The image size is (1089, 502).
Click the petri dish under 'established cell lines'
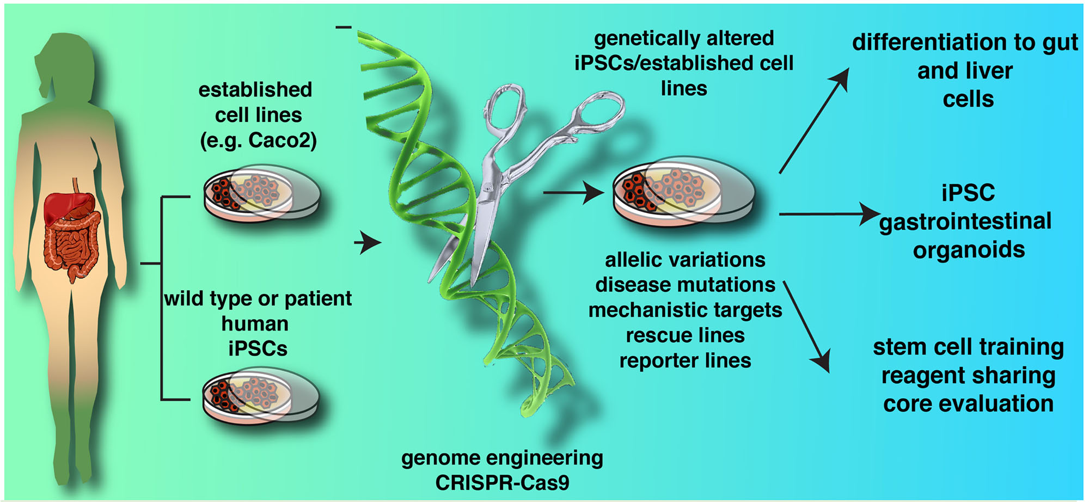point(262,193)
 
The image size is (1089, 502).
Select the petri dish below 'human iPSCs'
point(261,396)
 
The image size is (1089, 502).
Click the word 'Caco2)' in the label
point(283,140)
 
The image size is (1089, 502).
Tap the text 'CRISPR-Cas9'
point(502,483)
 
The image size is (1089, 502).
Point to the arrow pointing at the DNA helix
point(368,243)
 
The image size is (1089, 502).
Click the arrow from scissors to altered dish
point(574,192)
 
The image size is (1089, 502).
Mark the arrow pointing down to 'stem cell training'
point(807,327)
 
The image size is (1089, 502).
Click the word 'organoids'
point(969,250)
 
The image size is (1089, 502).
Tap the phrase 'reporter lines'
point(685,360)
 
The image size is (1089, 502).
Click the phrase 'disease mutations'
point(685,285)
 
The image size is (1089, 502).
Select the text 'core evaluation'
point(968,404)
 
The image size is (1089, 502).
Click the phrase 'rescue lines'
point(685,335)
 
